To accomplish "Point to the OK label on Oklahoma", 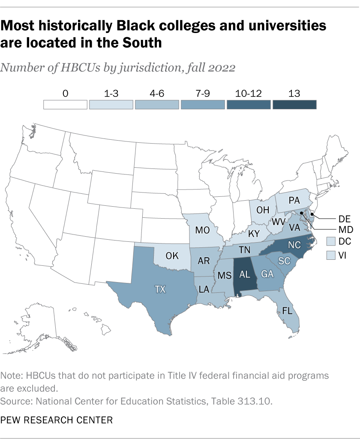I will point(172,256).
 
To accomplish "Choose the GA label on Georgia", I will point(267,275).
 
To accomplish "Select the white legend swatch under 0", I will point(66,105).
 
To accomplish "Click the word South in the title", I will point(141,43).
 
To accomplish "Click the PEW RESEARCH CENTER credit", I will point(57,420).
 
